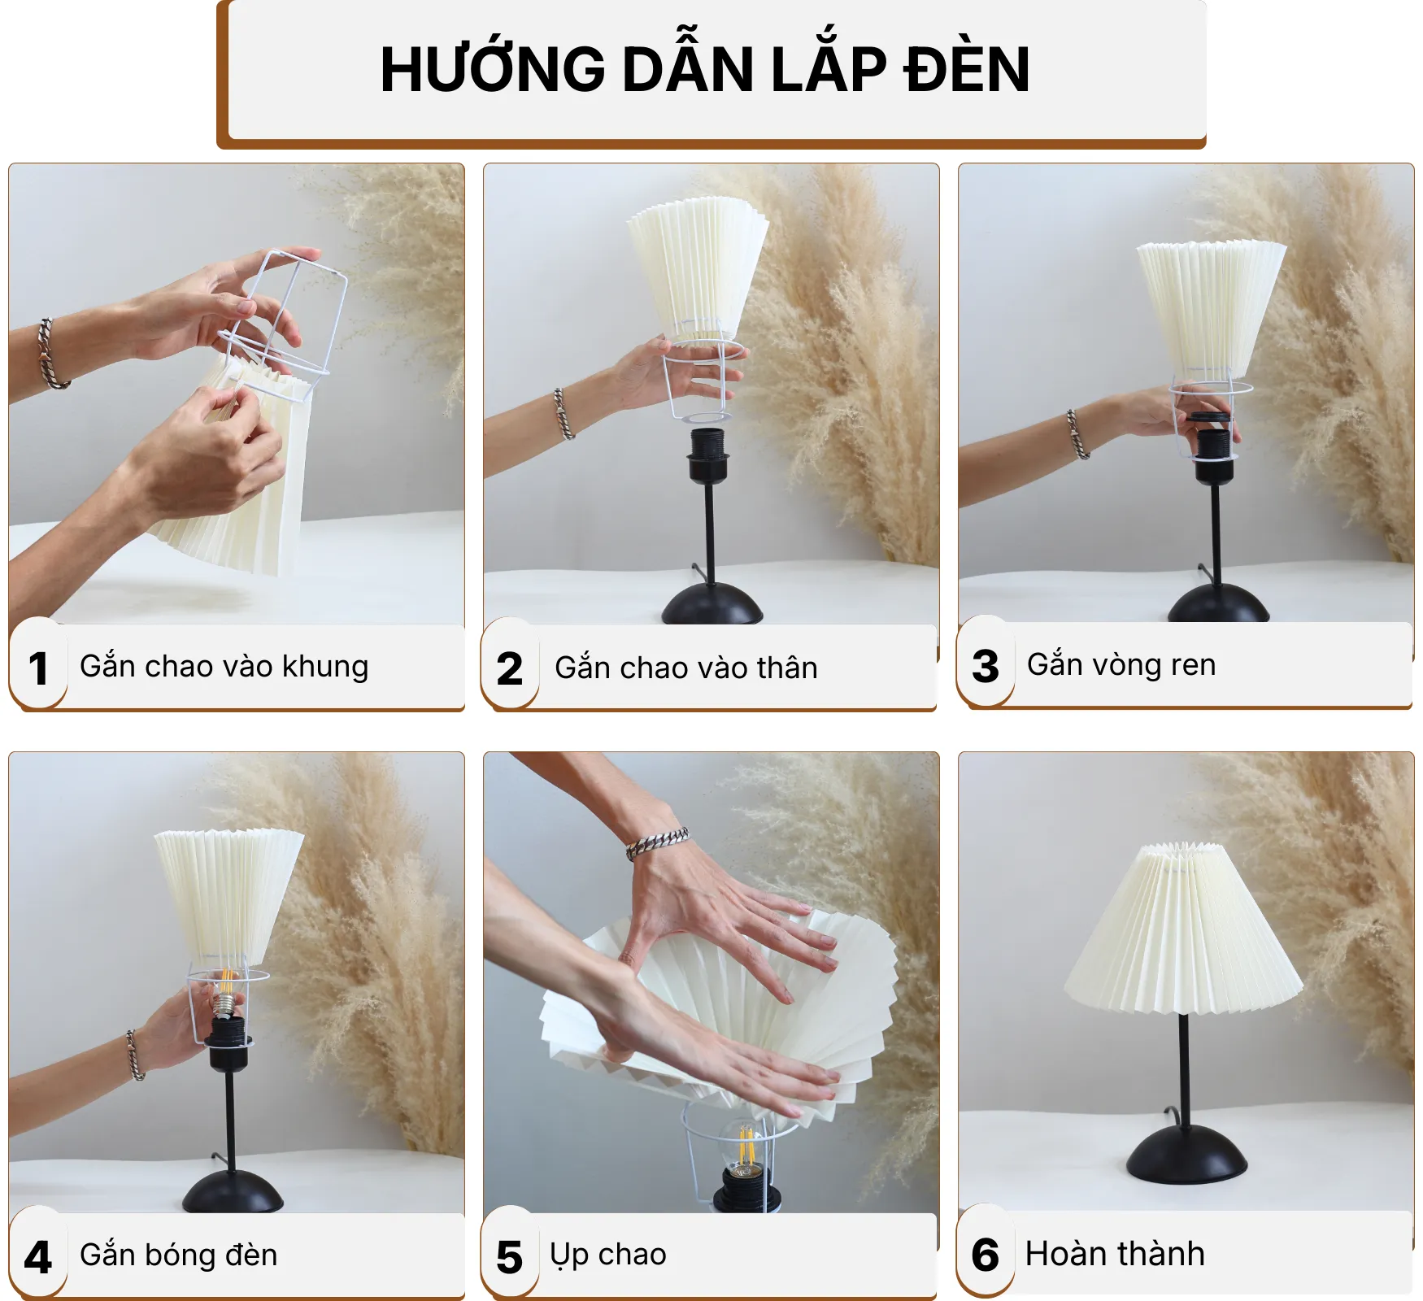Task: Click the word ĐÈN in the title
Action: (967, 70)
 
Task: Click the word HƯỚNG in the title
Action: (492, 70)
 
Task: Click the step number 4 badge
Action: (37, 1257)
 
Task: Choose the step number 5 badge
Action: (510, 1257)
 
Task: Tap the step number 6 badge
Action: (986, 1255)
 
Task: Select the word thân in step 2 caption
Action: (786, 668)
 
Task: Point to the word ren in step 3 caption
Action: (1193, 665)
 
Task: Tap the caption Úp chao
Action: (608, 1255)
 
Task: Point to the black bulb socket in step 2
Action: (708, 455)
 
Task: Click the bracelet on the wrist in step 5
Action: (657, 842)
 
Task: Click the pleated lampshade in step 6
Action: (1183, 935)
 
